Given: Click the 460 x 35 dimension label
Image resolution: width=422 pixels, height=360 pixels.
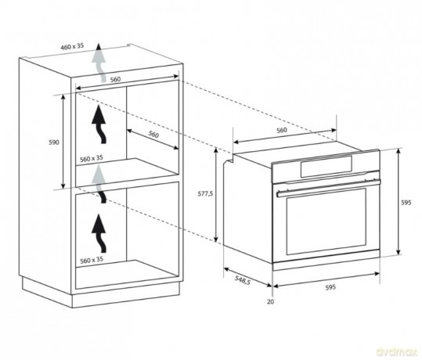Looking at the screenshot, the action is [72, 46].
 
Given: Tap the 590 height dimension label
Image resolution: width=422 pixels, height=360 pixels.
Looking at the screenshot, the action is [54, 142].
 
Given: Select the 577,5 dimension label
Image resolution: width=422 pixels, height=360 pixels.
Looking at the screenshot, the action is [205, 193].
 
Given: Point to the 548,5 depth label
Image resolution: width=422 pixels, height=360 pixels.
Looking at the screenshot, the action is [242, 280].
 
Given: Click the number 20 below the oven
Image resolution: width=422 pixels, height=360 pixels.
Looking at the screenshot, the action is [270, 301].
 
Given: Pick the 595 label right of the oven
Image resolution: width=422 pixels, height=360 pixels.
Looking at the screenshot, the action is [406, 203].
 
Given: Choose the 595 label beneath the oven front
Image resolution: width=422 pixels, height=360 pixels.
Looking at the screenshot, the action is [330, 287].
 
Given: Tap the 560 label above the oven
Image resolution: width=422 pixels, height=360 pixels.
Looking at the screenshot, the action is [282, 130].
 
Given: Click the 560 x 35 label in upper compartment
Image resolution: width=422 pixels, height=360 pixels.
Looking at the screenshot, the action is [92, 158].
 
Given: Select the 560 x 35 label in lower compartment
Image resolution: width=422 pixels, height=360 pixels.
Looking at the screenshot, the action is [92, 260].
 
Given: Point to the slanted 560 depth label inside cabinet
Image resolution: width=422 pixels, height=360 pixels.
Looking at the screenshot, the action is [153, 134].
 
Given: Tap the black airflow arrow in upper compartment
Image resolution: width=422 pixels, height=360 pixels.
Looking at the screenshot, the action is [99, 124].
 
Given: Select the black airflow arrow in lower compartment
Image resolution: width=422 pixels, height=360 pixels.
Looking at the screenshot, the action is [99, 233].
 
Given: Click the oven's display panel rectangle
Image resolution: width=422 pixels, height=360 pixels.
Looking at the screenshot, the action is [326, 166].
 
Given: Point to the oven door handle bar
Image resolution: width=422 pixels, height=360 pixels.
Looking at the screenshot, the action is [328, 187].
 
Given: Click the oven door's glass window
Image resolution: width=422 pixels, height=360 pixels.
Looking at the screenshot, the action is [326, 221].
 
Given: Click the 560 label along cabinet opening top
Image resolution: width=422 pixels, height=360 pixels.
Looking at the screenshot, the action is [115, 79].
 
